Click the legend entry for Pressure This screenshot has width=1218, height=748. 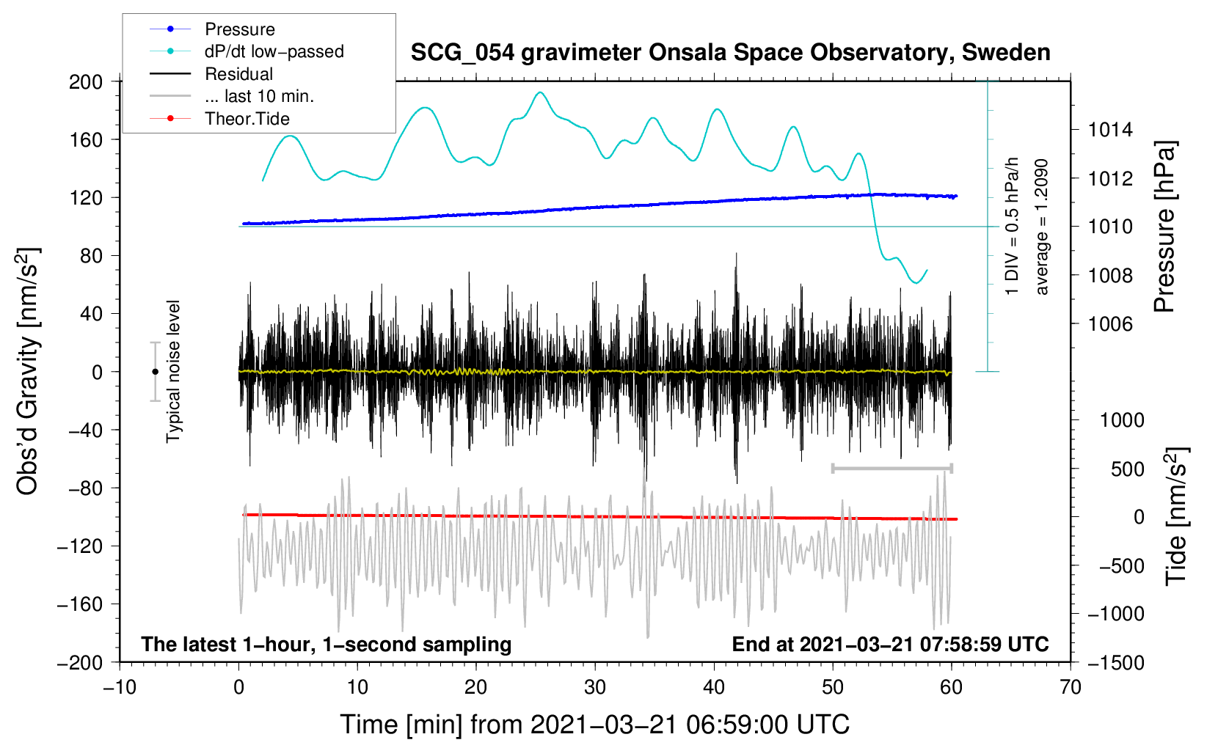[x=212, y=29]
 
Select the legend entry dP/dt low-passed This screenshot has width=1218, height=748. [x=247, y=51]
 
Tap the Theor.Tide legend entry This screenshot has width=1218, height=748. [x=219, y=119]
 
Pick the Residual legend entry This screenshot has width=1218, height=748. [x=211, y=73]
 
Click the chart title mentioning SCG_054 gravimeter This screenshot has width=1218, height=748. [x=730, y=53]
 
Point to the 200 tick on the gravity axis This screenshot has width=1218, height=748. [x=85, y=82]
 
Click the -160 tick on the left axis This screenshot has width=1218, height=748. [x=80, y=604]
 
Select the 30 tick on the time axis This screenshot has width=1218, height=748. [x=595, y=688]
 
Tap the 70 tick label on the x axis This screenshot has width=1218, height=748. [x=1070, y=688]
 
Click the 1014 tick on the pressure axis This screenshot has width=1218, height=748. [x=1110, y=130]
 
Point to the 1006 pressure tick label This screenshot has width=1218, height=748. [x=1110, y=325]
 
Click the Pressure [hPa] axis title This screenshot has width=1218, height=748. [x=1164, y=227]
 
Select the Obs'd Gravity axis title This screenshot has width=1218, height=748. [x=28, y=371]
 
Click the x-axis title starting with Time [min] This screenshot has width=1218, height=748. [x=595, y=725]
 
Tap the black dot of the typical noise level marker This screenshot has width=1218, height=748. [x=155, y=372]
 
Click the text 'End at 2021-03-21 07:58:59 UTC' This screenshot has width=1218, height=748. [x=890, y=644]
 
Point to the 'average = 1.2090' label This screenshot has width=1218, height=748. [x=1041, y=227]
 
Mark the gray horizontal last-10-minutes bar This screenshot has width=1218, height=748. [x=892, y=469]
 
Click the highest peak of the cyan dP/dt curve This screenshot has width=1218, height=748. [x=540, y=92]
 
